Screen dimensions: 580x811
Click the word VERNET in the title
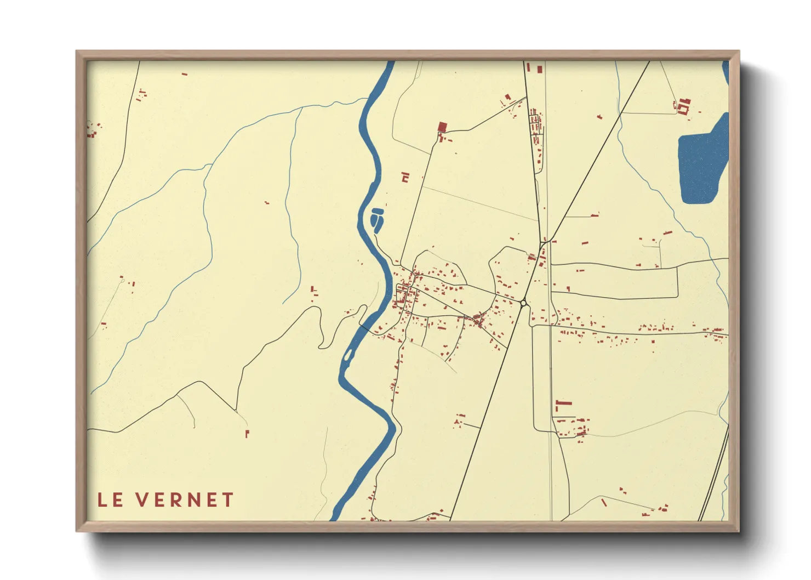tap(185, 499)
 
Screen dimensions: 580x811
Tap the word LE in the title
tap(110, 499)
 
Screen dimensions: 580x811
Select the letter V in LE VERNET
tap(142, 499)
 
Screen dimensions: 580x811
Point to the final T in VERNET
tap(227, 499)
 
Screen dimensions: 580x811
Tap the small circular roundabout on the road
tap(523, 303)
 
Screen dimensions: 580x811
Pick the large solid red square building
tap(442, 127)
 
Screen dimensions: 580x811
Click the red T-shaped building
tap(562, 405)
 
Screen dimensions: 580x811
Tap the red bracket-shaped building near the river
tap(405, 177)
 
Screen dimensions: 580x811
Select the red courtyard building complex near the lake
tap(683, 105)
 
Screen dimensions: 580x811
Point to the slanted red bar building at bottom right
tap(604, 502)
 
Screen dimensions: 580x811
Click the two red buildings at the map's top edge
tap(534, 68)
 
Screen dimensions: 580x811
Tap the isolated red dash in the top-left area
tap(185, 73)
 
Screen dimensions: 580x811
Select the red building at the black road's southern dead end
tap(247, 434)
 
